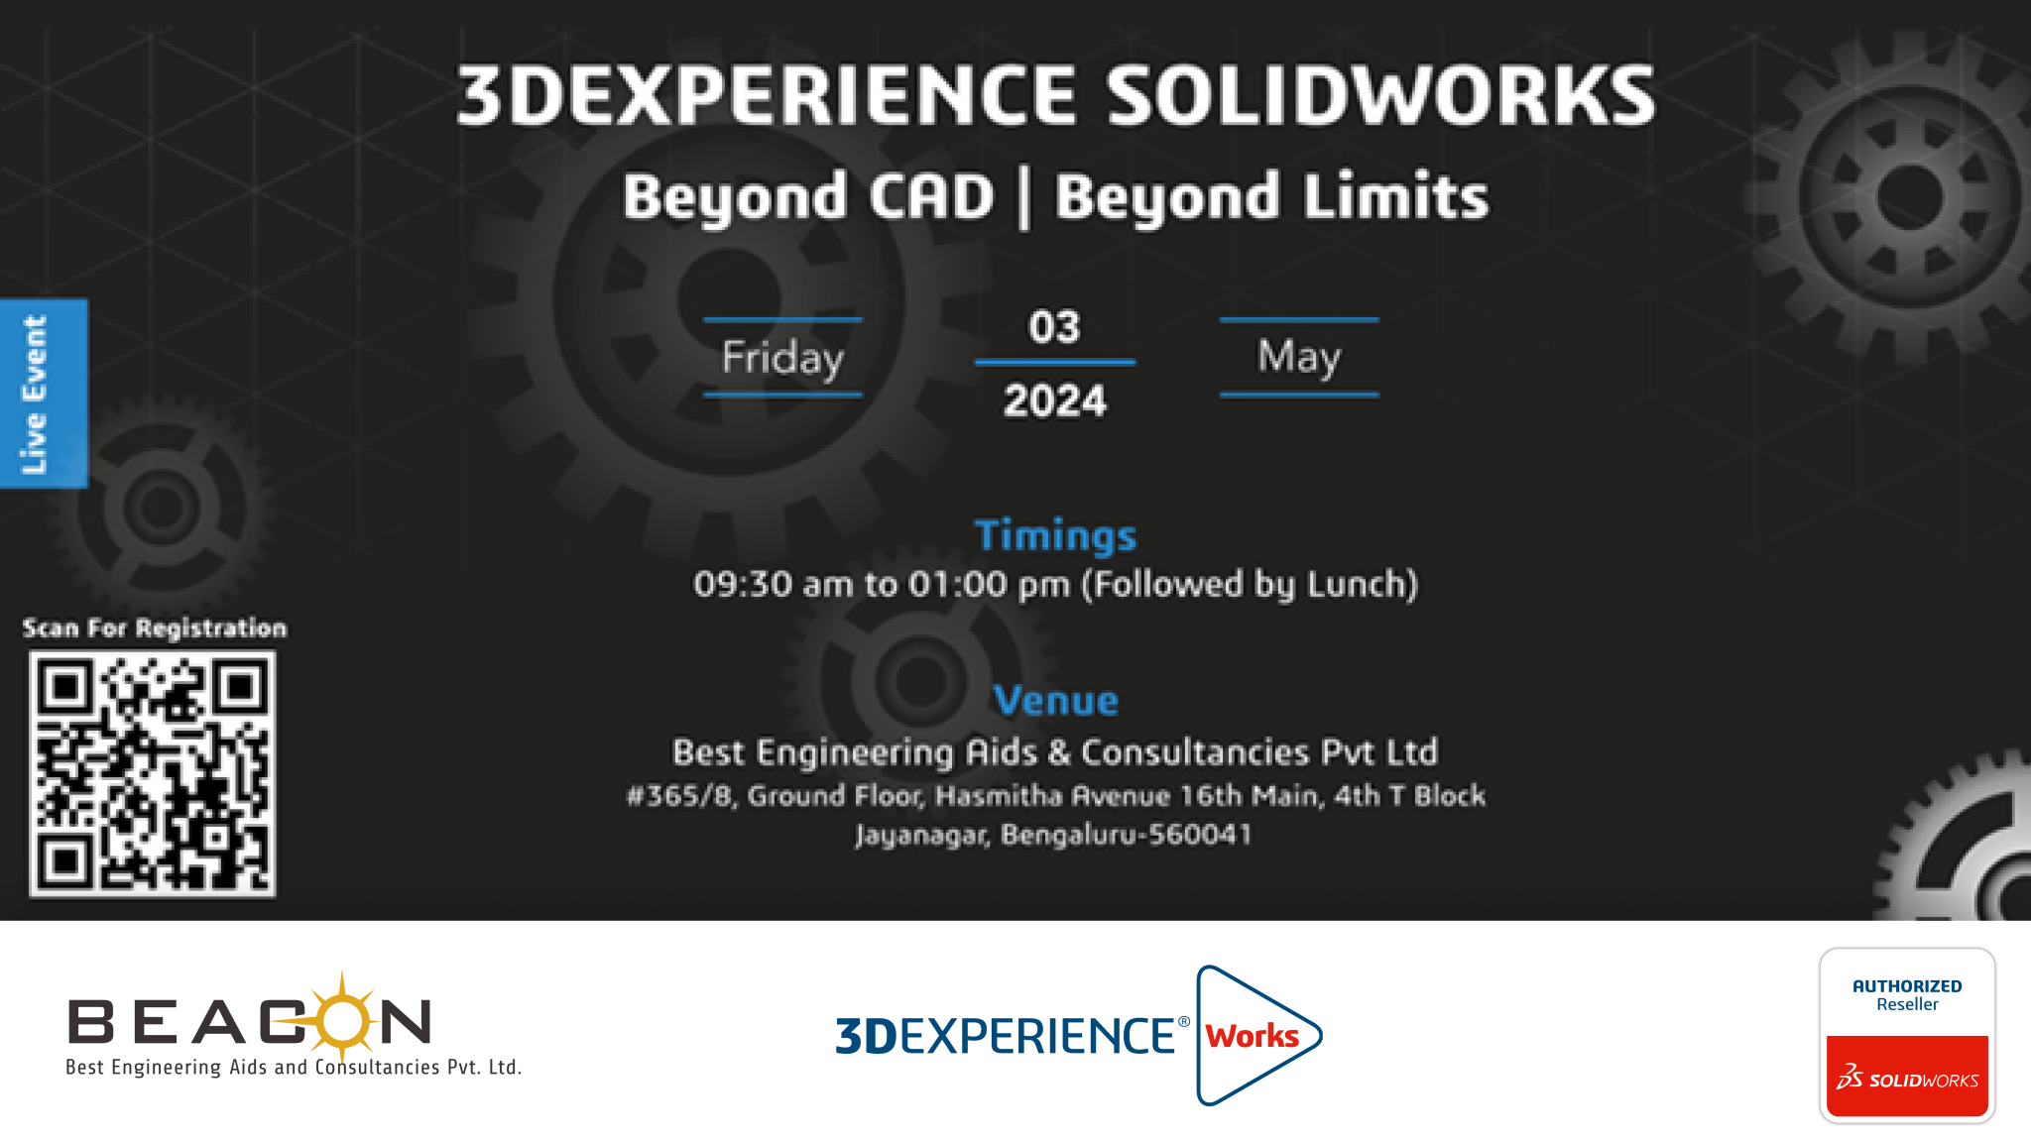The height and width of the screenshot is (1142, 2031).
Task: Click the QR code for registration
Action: point(153,773)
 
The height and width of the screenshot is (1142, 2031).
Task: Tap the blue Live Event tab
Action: point(44,394)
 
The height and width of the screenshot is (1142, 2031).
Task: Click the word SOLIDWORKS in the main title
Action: point(1379,95)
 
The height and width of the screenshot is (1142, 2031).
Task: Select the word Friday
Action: point(782,358)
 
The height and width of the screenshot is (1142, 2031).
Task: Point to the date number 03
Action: point(1054,327)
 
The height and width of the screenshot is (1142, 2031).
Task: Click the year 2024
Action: point(1054,400)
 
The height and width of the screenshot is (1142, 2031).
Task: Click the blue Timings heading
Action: point(1055,535)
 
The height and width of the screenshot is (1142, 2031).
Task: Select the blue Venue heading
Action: point(1056,700)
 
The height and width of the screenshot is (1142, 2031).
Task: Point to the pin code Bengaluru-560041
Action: point(1127,835)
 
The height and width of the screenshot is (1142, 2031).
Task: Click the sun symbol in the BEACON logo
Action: point(342,1017)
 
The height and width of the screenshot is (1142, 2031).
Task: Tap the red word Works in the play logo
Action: point(1252,1036)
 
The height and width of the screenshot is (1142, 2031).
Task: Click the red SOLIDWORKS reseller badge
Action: point(1907,1077)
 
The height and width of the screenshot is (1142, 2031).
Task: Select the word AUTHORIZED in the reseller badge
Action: point(1907,985)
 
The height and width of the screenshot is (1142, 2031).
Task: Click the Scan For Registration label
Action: point(155,628)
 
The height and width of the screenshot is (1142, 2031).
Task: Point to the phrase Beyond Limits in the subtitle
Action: point(1271,196)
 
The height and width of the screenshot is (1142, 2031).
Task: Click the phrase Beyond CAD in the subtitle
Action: point(808,196)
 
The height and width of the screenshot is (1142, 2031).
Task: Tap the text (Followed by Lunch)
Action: point(1250,585)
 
